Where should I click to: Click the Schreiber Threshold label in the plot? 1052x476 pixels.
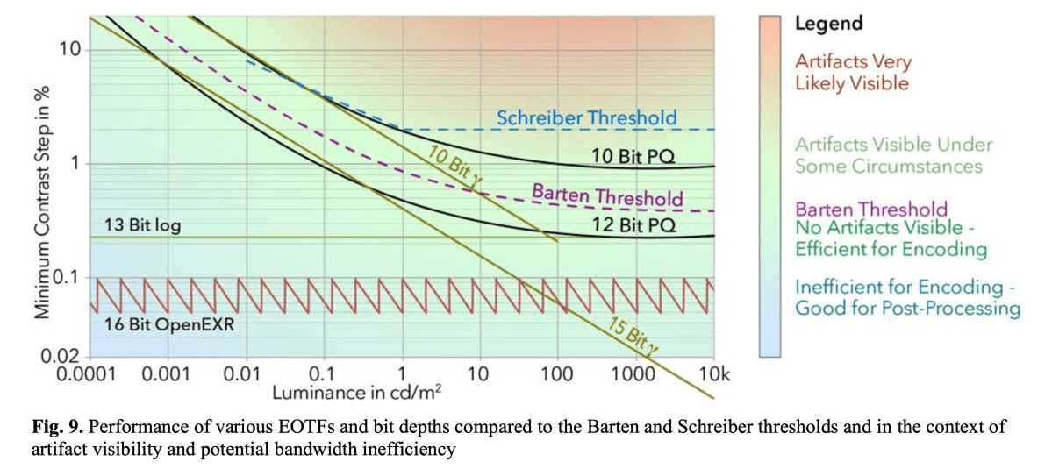coord(587,117)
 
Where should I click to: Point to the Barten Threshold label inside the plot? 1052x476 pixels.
coord(607,195)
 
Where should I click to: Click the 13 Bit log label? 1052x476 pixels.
coord(142,225)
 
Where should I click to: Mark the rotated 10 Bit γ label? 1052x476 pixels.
coord(452,164)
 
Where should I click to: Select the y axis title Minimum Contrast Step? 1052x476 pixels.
coord(40,202)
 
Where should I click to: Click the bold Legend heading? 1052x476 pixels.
coord(828,24)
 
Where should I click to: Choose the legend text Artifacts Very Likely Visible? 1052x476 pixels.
coord(852,73)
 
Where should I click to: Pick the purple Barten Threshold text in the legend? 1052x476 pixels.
coord(871,209)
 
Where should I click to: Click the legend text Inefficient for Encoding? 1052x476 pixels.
coord(907,297)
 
